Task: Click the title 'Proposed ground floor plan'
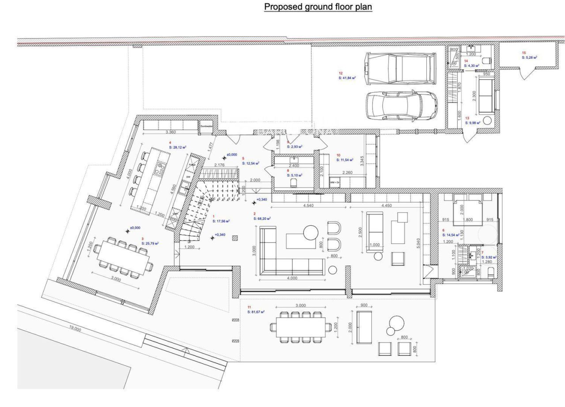tap(318, 7)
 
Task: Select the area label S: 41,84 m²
tap(347, 78)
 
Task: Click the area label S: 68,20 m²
tap(262, 218)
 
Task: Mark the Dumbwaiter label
tap(207, 126)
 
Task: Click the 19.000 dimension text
tap(75, 329)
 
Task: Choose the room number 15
tap(524, 53)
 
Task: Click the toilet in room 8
tap(294, 181)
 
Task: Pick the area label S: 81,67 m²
tap(256, 312)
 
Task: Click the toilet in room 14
tap(486, 60)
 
